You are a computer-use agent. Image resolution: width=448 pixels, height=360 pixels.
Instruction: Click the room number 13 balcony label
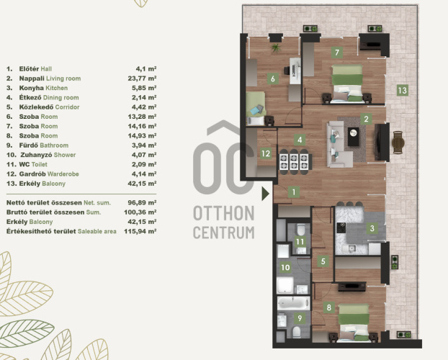click(x=403, y=91)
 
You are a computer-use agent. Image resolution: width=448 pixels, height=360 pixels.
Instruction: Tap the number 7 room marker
click(x=337, y=53)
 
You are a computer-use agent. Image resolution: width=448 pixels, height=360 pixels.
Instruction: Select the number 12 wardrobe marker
click(x=266, y=153)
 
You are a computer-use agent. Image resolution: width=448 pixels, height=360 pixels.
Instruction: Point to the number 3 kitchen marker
click(x=372, y=228)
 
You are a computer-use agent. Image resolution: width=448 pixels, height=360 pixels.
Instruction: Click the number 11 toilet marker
click(x=300, y=242)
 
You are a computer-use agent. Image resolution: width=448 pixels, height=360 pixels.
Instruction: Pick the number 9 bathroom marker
click(x=300, y=318)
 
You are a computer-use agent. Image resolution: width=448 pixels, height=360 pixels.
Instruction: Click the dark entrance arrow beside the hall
click(x=266, y=194)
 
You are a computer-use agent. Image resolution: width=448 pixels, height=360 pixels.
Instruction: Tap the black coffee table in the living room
click(x=354, y=136)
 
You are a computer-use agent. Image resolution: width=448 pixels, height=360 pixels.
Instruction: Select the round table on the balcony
click(x=398, y=143)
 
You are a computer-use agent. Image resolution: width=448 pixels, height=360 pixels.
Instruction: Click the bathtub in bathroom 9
click(x=294, y=303)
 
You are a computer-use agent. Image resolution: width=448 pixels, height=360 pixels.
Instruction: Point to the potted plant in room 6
click(x=276, y=48)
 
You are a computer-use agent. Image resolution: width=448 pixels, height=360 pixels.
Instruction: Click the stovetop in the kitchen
click(x=341, y=228)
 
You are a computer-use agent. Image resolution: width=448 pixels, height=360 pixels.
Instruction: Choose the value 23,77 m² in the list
click(x=142, y=78)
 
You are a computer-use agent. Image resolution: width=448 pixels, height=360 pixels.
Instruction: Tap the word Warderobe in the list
click(x=63, y=174)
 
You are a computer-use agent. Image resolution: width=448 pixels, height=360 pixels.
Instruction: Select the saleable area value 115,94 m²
click(x=140, y=231)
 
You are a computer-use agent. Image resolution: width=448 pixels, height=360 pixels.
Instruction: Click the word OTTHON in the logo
click(x=224, y=213)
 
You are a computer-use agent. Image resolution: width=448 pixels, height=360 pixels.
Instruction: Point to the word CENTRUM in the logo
click(x=224, y=233)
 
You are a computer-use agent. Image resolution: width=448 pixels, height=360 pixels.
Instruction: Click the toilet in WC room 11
click(x=300, y=229)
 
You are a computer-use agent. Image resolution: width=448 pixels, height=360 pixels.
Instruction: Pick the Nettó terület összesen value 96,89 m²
click(x=142, y=202)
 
